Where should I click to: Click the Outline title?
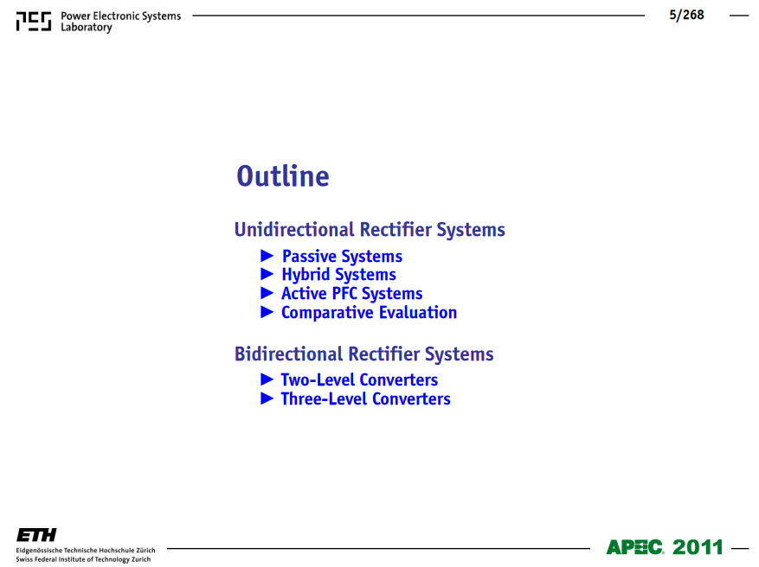pyautogui.click(x=283, y=176)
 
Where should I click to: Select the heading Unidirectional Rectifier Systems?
pyautogui.click(x=370, y=230)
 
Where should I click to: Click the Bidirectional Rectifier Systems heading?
pyautogui.click(x=364, y=354)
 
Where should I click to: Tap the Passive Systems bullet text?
pyautogui.click(x=342, y=256)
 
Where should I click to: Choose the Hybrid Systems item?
pyautogui.click(x=339, y=275)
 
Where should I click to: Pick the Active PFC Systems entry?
pyautogui.click(x=352, y=293)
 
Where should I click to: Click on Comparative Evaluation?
pyautogui.click(x=369, y=313)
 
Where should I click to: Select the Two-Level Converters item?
pyautogui.click(x=359, y=380)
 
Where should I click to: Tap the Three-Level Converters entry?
pyautogui.click(x=365, y=398)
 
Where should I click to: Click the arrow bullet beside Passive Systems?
pyautogui.click(x=267, y=255)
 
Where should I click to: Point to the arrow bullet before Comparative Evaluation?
pyautogui.click(x=267, y=312)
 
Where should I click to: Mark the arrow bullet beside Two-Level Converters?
pyautogui.click(x=267, y=379)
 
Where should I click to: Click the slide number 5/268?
pyautogui.click(x=686, y=15)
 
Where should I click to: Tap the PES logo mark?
pyautogui.click(x=34, y=22)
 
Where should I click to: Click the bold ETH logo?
pyautogui.click(x=36, y=535)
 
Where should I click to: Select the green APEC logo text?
pyautogui.click(x=634, y=547)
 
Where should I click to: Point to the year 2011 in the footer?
pyautogui.click(x=698, y=547)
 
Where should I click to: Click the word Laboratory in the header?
pyautogui.click(x=87, y=28)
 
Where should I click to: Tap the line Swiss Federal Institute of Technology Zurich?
pyautogui.click(x=83, y=559)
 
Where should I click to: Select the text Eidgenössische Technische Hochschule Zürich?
pyautogui.click(x=86, y=551)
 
